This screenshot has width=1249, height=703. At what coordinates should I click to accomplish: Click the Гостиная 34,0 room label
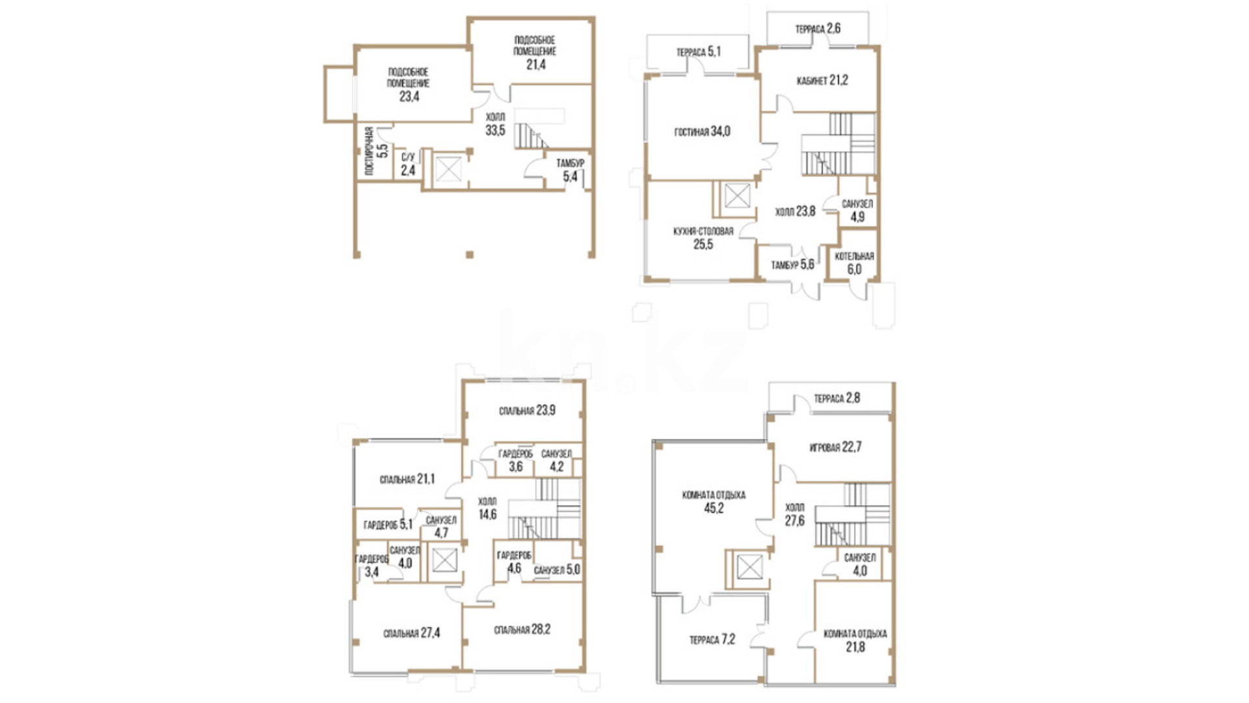702,131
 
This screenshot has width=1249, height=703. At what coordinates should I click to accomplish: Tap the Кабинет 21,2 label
822,81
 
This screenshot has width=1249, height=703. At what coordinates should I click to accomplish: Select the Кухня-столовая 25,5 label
703,238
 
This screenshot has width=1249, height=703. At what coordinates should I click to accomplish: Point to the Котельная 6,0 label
854,263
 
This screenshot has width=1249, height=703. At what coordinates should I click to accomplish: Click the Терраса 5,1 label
699,51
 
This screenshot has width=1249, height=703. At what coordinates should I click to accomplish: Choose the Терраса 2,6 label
818,29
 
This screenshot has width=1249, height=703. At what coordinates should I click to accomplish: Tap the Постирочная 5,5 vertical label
375,150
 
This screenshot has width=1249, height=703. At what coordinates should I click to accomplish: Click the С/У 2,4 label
408,165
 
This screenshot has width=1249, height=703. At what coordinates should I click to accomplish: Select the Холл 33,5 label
495,124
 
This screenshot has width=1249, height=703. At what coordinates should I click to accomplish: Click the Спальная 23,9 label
527,411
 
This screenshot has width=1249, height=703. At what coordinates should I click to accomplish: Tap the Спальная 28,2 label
522,629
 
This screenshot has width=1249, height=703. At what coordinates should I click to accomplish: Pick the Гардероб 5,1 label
388,525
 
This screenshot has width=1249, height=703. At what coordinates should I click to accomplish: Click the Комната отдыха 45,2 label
714,502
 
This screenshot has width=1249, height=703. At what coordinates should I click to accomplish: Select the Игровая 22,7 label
835,447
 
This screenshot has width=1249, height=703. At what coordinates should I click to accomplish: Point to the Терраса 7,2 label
712,640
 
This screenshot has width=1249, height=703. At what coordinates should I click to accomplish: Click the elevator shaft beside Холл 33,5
448,169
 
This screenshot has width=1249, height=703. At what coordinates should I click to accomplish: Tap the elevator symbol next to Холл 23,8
737,196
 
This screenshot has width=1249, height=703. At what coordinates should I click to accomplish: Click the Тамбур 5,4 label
570,170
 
